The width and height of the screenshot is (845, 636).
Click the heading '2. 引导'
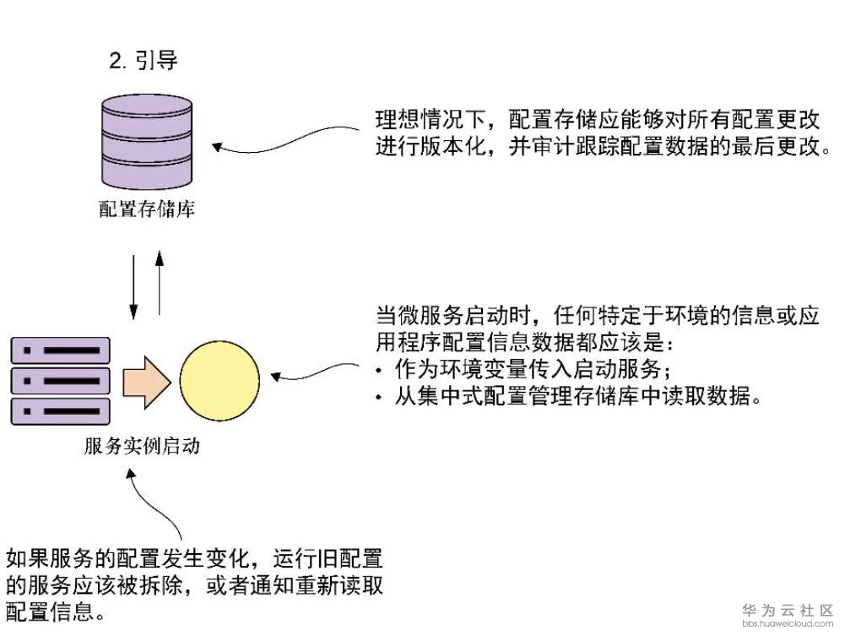click(x=144, y=61)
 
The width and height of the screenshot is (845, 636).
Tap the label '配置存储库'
click(x=147, y=209)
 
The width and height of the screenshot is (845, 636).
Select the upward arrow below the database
click(x=160, y=284)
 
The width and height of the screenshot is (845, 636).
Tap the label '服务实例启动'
click(x=142, y=446)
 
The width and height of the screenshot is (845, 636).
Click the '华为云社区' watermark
click(x=788, y=610)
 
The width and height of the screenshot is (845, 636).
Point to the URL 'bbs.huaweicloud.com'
click(x=788, y=624)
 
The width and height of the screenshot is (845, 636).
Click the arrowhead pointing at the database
click(x=217, y=147)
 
